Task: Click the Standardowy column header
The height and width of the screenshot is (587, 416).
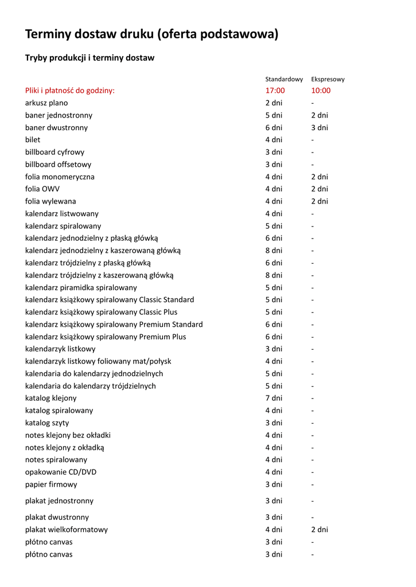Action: click(x=283, y=79)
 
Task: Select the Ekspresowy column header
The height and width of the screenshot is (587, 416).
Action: click(x=328, y=79)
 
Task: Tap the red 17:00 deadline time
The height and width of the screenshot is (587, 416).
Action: click(x=275, y=91)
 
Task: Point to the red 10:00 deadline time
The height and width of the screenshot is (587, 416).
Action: click(x=321, y=91)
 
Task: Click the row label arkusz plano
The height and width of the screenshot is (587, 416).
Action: click(x=46, y=103)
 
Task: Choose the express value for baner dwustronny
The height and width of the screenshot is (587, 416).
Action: click(x=320, y=128)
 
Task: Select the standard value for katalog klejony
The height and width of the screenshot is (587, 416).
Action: click(x=274, y=398)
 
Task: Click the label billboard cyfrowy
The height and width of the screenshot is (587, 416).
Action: click(x=55, y=152)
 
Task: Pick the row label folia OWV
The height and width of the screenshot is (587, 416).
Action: click(x=42, y=189)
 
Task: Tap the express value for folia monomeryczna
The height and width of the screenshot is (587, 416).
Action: click(x=320, y=177)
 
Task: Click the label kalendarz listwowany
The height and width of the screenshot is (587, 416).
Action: click(x=58, y=214)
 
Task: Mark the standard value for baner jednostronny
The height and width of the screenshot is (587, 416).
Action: click(x=274, y=115)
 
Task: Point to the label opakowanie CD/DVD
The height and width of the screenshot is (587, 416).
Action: click(x=61, y=472)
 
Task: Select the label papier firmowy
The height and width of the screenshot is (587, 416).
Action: click(x=51, y=484)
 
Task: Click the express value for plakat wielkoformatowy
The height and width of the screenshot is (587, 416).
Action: click(x=320, y=530)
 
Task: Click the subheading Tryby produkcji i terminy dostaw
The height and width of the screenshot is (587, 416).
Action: click(x=90, y=58)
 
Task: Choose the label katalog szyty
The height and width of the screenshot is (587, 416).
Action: click(x=47, y=423)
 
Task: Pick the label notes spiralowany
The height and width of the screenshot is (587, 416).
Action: click(x=56, y=460)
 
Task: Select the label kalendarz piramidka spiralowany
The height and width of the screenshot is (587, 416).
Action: click(x=81, y=288)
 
